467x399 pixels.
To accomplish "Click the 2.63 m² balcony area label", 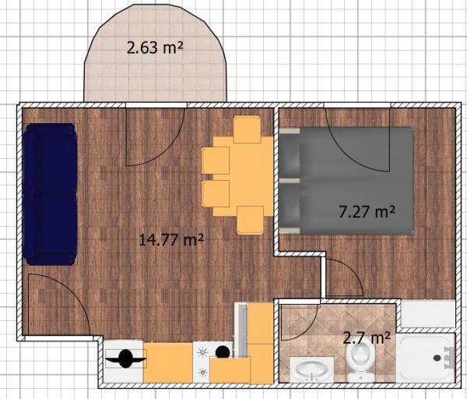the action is point(155,48).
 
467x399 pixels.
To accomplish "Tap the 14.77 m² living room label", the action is point(171,239).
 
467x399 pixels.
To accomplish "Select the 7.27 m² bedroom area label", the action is point(367,212).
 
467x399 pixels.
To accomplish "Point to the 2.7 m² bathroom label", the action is point(367,338).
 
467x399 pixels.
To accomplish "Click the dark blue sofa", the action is point(50,194).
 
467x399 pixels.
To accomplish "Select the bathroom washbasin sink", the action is point(312,369).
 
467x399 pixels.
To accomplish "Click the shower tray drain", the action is point(437,358).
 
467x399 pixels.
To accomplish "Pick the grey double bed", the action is point(346,181).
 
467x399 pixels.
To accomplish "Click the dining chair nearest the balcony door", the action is point(248,129).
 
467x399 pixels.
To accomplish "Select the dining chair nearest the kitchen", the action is point(251,220).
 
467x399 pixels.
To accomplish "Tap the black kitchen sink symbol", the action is point(125,358).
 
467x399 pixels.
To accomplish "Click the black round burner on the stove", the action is point(223,352).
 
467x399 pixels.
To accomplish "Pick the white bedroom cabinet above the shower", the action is point(427,314).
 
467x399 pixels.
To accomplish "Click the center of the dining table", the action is point(244,176).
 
